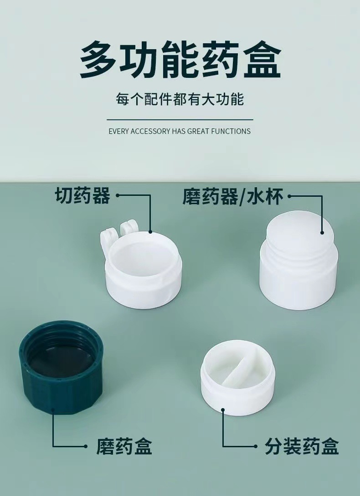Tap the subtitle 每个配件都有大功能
(x=180, y=99)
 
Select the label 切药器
(x=82, y=196)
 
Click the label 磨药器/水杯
(x=233, y=197)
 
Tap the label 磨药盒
(x=124, y=447)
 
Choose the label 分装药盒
(x=302, y=447)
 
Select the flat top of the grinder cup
(x=301, y=230)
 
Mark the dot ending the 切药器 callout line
(x=151, y=232)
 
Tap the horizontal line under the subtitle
(x=180, y=119)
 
